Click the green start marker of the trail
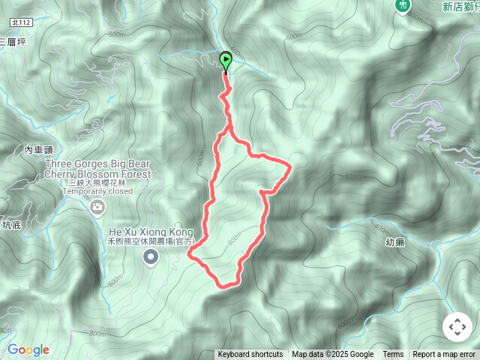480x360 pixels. pyautogui.click(x=226, y=61)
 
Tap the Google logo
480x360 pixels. pyautogui.click(x=28, y=349)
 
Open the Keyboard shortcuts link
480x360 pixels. pyautogui.click(x=250, y=355)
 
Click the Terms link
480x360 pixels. pyautogui.click(x=393, y=355)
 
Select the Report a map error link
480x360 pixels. pyautogui.click(x=444, y=355)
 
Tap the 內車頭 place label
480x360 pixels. pyautogui.click(x=38, y=151)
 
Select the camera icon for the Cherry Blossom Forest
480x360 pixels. pyautogui.click(x=97, y=207)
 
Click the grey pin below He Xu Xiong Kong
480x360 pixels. pyautogui.click(x=151, y=258)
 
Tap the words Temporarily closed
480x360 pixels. pyautogui.click(x=97, y=191)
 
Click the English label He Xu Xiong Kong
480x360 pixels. pyautogui.click(x=151, y=232)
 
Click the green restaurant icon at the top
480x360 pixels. pyautogui.click(x=404, y=5)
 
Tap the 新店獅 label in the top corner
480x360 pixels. pyautogui.click(x=460, y=7)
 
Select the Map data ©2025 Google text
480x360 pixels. pyautogui.click(x=332, y=355)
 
